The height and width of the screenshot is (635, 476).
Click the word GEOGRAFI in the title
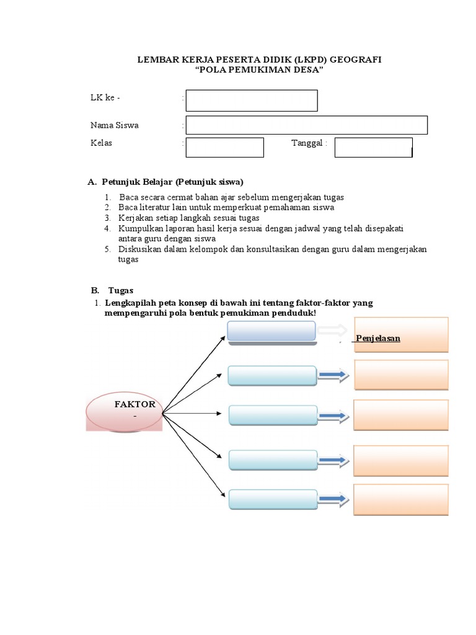tap(355, 60)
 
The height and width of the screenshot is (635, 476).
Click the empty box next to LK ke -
tap(252, 100)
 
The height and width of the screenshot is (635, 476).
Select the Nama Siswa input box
tap(306, 125)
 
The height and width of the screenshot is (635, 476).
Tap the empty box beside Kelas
tap(224, 148)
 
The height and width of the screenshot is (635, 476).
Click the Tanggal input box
tap(374, 148)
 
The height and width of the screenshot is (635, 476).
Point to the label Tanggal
tap(307, 143)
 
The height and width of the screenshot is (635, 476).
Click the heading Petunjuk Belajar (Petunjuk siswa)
tap(172, 182)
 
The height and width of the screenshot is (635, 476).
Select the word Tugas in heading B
tap(121, 291)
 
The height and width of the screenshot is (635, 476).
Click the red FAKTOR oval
tap(124, 412)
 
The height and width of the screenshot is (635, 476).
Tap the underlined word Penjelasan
tap(378, 339)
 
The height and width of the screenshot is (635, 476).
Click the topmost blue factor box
tap(271, 331)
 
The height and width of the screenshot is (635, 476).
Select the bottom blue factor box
tap(273, 499)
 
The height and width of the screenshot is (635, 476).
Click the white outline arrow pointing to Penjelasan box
tap(333, 331)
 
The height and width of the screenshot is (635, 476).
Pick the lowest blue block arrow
tap(333, 499)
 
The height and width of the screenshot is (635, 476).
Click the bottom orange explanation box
tap(401, 500)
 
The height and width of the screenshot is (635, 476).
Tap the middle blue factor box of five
tap(273, 415)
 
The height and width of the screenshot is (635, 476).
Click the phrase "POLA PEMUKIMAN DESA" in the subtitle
tap(260, 69)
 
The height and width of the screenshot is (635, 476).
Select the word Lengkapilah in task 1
tap(130, 303)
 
